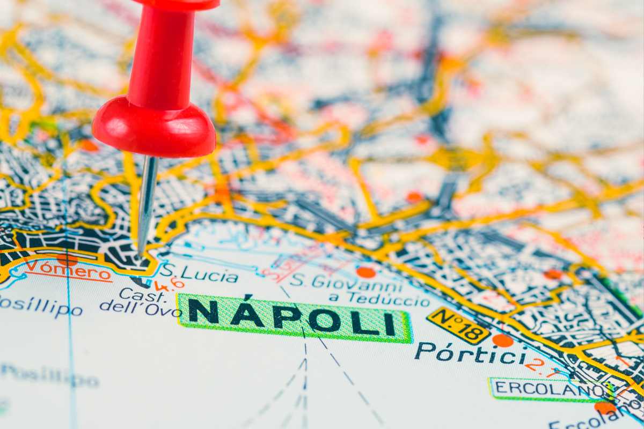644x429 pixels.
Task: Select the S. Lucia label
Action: (x=199, y=274)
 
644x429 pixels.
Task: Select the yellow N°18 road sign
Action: (x=458, y=325)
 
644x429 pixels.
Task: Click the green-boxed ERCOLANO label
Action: (x=545, y=389)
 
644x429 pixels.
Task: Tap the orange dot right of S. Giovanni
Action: (x=366, y=272)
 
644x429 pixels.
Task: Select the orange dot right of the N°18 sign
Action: (x=502, y=341)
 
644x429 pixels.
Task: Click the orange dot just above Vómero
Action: (x=67, y=259)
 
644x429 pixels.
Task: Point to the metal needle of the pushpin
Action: (x=145, y=204)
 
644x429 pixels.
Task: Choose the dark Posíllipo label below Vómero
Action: (x=40, y=307)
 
